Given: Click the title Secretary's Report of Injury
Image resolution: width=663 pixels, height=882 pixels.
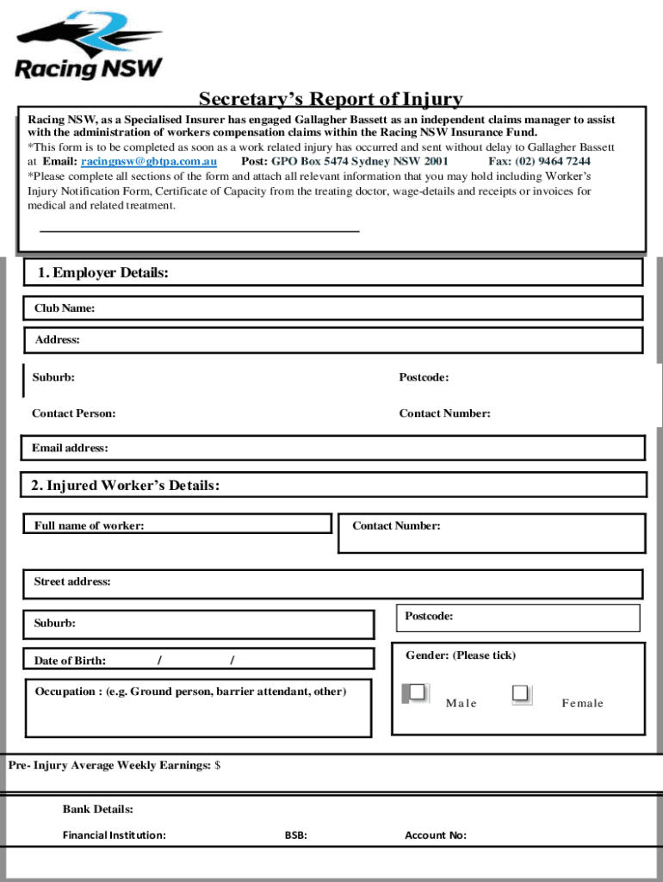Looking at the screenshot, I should (x=331, y=100).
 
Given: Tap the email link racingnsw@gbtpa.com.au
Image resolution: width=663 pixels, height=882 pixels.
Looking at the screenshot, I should (x=148, y=161).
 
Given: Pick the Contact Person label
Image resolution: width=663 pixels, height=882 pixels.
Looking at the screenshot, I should (x=74, y=413).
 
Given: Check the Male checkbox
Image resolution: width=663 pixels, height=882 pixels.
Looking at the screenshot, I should (x=418, y=693).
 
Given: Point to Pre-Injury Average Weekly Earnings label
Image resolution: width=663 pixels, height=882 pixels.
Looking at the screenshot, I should (x=109, y=765).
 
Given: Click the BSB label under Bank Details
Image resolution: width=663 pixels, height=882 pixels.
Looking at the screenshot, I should (x=295, y=835).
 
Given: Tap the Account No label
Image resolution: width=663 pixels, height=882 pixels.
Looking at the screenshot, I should (x=436, y=835).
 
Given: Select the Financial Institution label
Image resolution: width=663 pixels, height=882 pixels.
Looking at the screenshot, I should (x=114, y=835).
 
